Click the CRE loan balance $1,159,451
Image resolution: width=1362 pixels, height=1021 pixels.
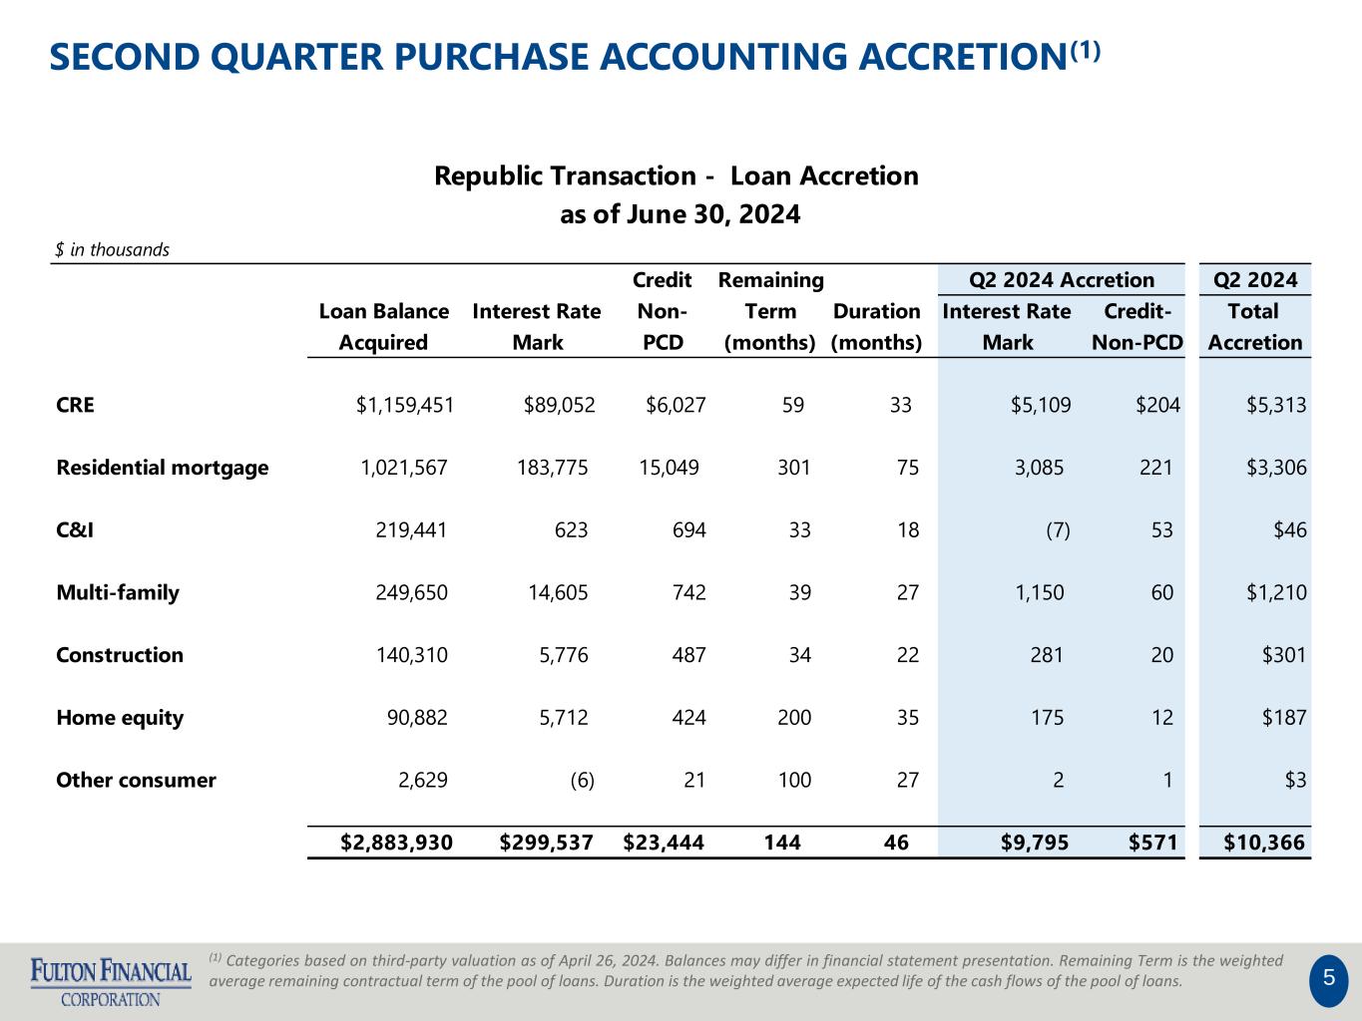pyautogui.click(x=404, y=406)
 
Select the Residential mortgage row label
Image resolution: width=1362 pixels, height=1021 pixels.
pyautogui.click(x=163, y=468)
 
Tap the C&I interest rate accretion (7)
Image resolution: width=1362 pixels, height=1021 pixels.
pyautogui.click(x=1058, y=530)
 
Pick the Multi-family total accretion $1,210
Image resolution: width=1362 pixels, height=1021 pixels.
pyautogui.click(x=1276, y=592)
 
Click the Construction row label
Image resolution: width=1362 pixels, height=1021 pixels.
pyautogui.click(x=120, y=655)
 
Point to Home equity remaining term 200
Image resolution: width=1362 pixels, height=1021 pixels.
pyautogui.click(x=794, y=718)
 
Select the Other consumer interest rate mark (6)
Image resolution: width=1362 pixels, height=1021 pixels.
pyautogui.click(x=582, y=781)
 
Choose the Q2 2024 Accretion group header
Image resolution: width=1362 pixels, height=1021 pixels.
pyautogui.click(x=1061, y=280)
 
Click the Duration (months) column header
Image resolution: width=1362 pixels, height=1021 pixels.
pyautogui.click(x=876, y=327)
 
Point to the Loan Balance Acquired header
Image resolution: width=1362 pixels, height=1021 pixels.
pyautogui.click(x=383, y=327)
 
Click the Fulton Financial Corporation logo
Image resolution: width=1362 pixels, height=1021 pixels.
pyautogui.click(x=111, y=982)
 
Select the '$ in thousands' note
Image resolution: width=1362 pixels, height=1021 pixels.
pyautogui.click(x=112, y=250)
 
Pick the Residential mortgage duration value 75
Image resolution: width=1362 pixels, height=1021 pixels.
pyautogui.click(x=908, y=468)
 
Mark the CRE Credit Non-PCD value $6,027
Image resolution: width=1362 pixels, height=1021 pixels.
pyautogui.click(x=676, y=406)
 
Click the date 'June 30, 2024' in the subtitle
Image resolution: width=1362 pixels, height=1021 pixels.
pyautogui.click(x=713, y=215)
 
